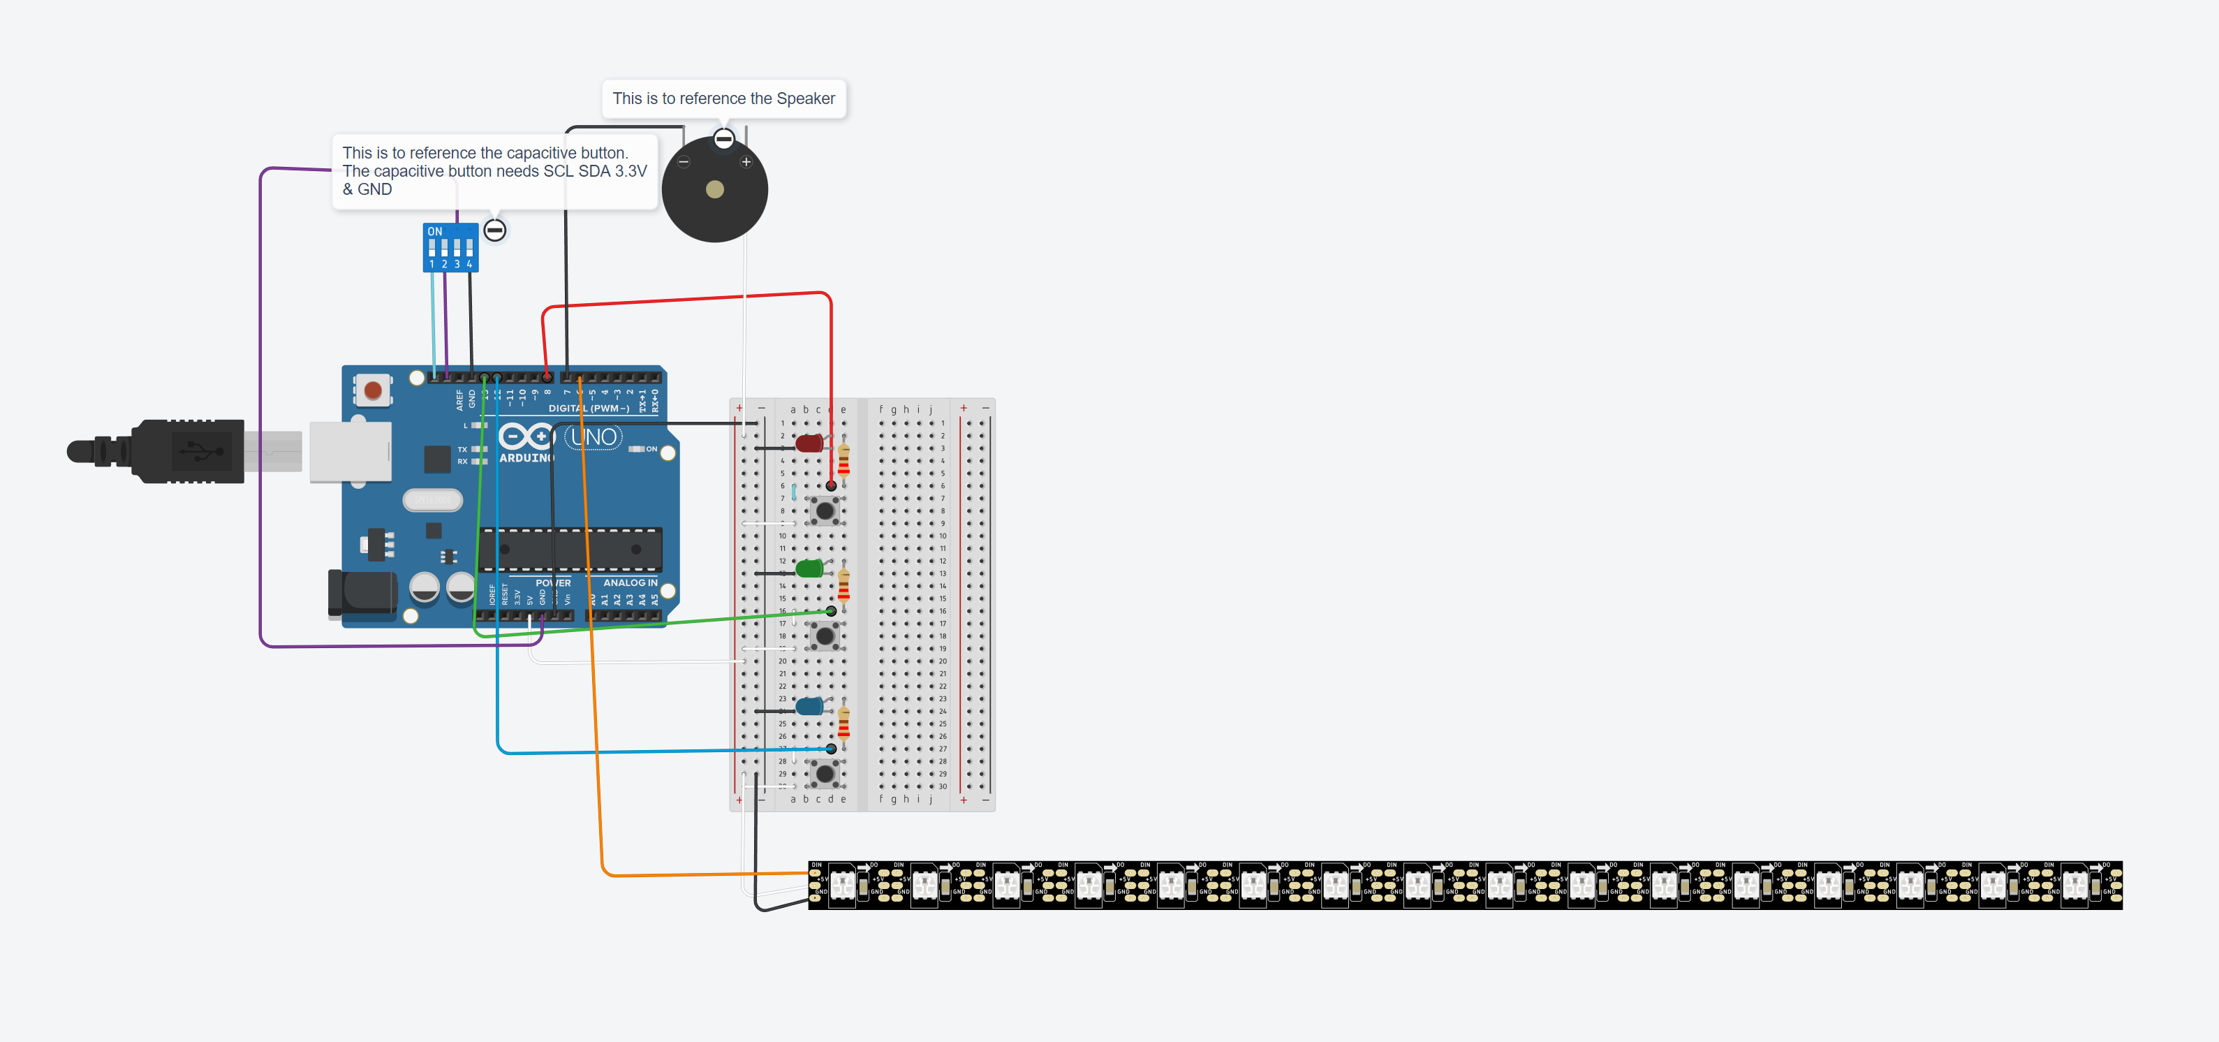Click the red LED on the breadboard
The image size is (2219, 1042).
[x=809, y=443]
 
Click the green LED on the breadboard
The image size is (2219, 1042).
[x=809, y=568]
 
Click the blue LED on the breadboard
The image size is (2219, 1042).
[x=809, y=707]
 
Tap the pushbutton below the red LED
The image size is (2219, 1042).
[x=825, y=511]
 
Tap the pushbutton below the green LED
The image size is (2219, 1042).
[x=825, y=636]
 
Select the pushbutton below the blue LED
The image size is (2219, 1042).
[x=825, y=774]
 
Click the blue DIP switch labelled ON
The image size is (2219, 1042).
[x=450, y=247]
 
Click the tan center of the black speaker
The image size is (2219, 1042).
[x=714, y=189]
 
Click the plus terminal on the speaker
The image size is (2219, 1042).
[x=746, y=162]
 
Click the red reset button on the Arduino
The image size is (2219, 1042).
[x=373, y=390]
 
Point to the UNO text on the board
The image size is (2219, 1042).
[x=594, y=438]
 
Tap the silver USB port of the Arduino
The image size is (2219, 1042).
[x=350, y=450]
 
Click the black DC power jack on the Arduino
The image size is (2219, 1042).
[x=362, y=593]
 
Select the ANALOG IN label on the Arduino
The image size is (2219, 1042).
[x=630, y=582]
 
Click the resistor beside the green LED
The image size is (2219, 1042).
[x=843, y=586]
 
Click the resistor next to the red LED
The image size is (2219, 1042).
[x=843, y=460]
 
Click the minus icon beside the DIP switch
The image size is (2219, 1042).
[x=494, y=230]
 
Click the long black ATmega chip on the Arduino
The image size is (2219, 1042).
[x=569, y=550]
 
